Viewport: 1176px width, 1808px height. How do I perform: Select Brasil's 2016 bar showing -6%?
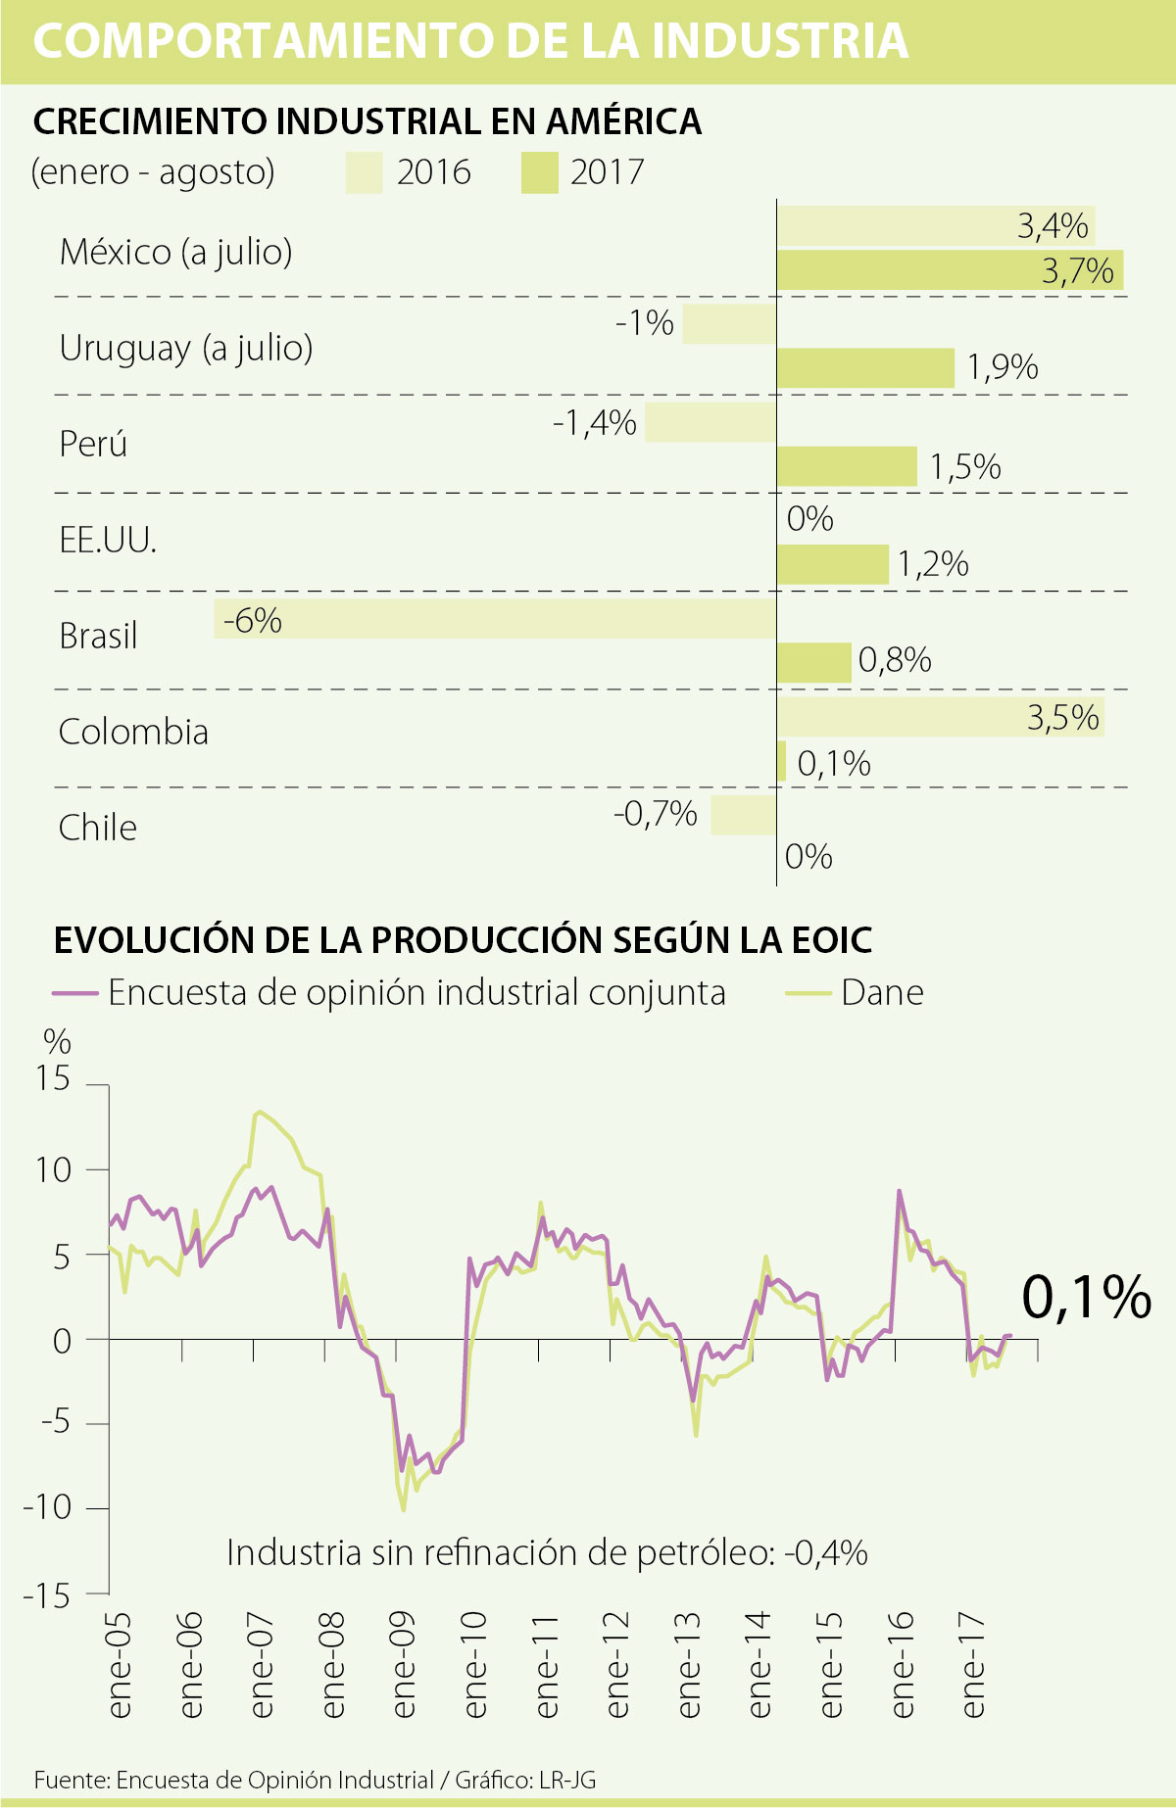[495, 619]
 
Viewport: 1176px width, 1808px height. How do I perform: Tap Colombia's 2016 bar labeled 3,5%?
[941, 717]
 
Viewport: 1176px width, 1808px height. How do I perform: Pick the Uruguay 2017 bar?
[865, 368]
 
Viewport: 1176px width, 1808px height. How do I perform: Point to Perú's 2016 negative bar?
[710, 422]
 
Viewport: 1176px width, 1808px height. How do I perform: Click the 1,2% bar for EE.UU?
[833, 565]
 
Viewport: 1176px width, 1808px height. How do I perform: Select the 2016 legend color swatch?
[364, 173]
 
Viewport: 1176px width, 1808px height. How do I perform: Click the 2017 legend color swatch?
[539, 173]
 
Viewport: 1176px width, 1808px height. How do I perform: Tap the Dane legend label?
[882, 992]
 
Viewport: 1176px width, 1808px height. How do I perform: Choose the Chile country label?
[98, 828]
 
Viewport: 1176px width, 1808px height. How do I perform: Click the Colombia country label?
[133, 732]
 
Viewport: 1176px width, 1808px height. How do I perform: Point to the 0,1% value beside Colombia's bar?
[834, 764]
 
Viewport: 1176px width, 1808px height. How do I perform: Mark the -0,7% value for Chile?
[656, 813]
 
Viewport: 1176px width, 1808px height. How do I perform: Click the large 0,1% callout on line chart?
[1086, 1297]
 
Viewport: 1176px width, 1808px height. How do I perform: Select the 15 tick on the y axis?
[53, 1078]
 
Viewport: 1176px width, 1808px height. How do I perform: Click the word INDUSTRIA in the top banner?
[779, 41]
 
